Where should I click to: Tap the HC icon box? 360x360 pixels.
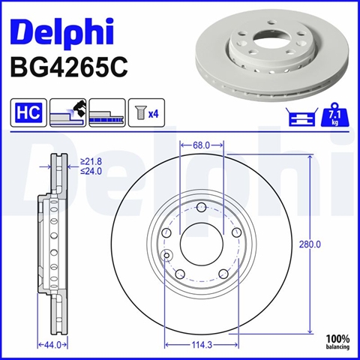click(x=28, y=112)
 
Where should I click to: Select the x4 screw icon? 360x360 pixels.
click(x=146, y=112)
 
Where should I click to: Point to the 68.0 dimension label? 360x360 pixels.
click(x=201, y=145)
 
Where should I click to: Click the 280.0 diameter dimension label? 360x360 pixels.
click(x=310, y=244)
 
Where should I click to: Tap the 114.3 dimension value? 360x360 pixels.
click(x=202, y=345)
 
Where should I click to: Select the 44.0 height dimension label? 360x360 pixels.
click(x=52, y=345)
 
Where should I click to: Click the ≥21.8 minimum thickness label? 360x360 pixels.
click(x=91, y=162)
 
